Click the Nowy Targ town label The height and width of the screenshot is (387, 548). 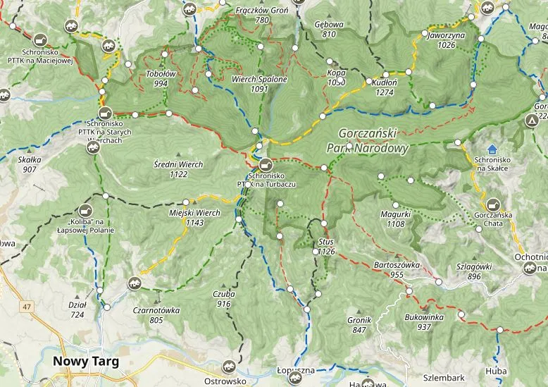coord(85,362)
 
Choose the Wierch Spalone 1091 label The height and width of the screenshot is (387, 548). coord(260,85)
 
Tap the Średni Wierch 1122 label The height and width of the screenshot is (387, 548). coord(178,169)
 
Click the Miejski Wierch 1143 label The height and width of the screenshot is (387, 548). coord(195,217)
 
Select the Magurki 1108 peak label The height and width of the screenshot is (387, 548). coord(396,219)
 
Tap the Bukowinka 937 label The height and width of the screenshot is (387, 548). coord(423,322)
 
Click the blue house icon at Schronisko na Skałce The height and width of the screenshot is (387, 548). coord(492,149)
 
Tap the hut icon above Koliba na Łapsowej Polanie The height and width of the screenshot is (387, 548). coord(87,210)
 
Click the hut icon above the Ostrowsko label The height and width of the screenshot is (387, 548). coord(228,367)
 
